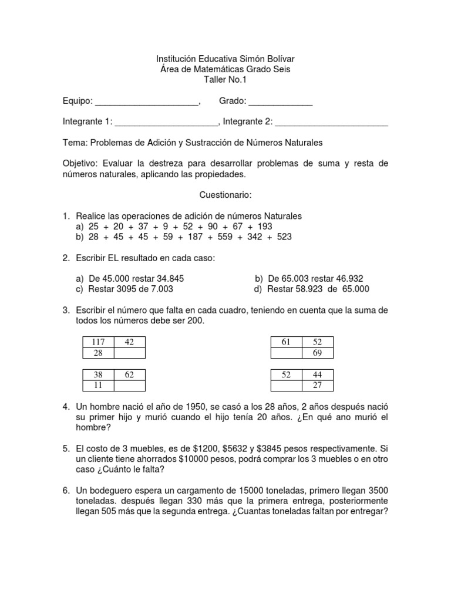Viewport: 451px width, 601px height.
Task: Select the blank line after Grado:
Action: (x=281, y=102)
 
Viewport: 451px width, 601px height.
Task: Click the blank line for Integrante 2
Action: (x=331, y=122)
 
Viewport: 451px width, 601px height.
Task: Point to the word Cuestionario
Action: (x=225, y=194)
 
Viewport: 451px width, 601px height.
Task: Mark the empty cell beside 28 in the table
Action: (x=129, y=353)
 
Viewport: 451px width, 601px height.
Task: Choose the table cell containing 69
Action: (x=317, y=353)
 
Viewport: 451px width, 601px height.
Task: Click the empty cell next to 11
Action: (x=129, y=386)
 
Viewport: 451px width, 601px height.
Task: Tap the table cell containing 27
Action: (x=317, y=386)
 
